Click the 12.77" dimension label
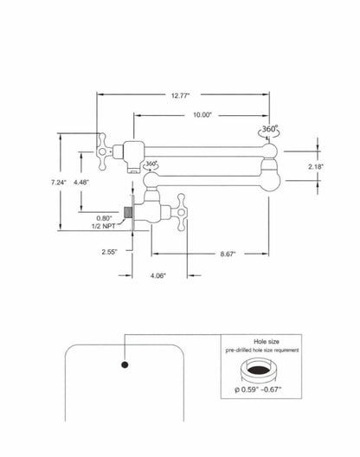click(x=180, y=95)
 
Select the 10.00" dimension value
click(x=202, y=115)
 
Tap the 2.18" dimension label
click(x=316, y=167)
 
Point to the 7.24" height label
click(x=59, y=183)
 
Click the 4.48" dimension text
click(x=81, y=183)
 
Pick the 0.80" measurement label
click(x=104, y=218)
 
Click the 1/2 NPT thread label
click(x=104, y=226)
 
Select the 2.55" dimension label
click(x=109, y=252)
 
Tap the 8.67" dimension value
click(x=228, y=254)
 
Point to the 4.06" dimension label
click(x=158, y=275)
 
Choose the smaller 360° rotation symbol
click(x=151, y=164)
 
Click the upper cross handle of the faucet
click(x=103, y=151)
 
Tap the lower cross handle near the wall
click(x=181, y=212)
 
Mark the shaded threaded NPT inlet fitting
click(x=127, y=212)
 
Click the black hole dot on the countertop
click(x=125, y=364)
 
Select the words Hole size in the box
click(x=267, y=342)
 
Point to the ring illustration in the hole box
click(x=258, y=370)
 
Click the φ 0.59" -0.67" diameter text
click(x=258, y=389)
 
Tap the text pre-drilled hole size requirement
click(x=262, y=350)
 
